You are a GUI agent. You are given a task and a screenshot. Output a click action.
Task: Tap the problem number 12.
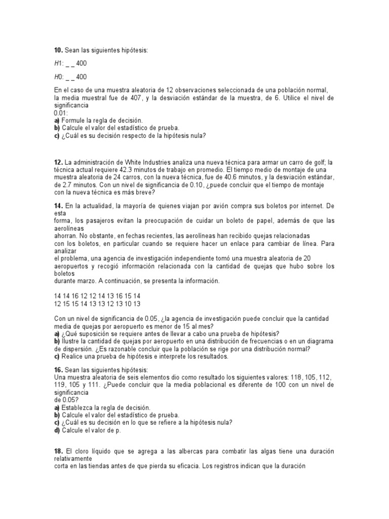click(x=58, y=162)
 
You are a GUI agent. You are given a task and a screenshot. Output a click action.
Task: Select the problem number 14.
click(x=58, y=206)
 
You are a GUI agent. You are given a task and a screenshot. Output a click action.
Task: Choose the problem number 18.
click(x=58, y=451)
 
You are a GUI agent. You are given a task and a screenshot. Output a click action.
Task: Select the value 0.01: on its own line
click(x=61, y=113)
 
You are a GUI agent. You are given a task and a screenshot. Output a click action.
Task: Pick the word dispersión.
click(x=74, y=349)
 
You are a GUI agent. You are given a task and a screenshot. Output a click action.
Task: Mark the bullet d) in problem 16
click(x=57, y=430)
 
